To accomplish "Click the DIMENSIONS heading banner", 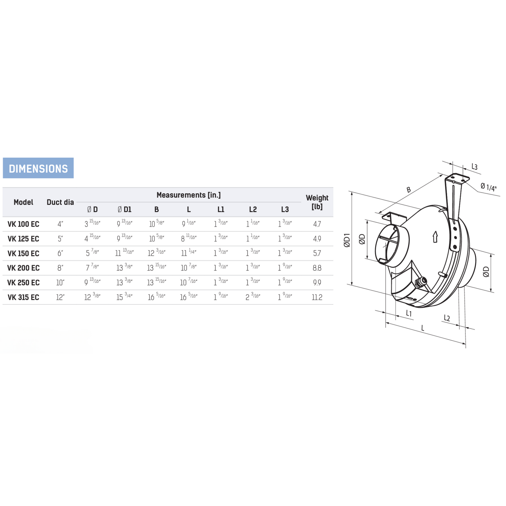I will point(38,168).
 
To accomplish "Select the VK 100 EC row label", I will point(23,224).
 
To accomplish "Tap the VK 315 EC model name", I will point(23,297).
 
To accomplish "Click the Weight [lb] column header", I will point(317,202).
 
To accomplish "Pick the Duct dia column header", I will point(60,202).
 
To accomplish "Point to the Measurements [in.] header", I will point(188,195).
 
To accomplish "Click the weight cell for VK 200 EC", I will point(317,268).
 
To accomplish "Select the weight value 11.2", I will point(317,297).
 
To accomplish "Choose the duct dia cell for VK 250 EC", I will point(60,283).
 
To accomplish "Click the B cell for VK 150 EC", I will point(157,253).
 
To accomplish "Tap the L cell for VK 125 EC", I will point(188,239).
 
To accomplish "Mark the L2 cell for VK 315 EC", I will point(253,297).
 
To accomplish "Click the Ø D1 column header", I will point(125,209).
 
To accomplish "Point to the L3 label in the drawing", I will point(474,167).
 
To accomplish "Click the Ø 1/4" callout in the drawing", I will point(488,187).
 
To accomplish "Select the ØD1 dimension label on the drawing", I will point(347,240).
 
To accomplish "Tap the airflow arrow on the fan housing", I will point(435,237).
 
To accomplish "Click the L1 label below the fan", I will point(409,313).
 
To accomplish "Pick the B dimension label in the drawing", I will point(409,190).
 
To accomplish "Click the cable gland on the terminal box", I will point(422,281).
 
